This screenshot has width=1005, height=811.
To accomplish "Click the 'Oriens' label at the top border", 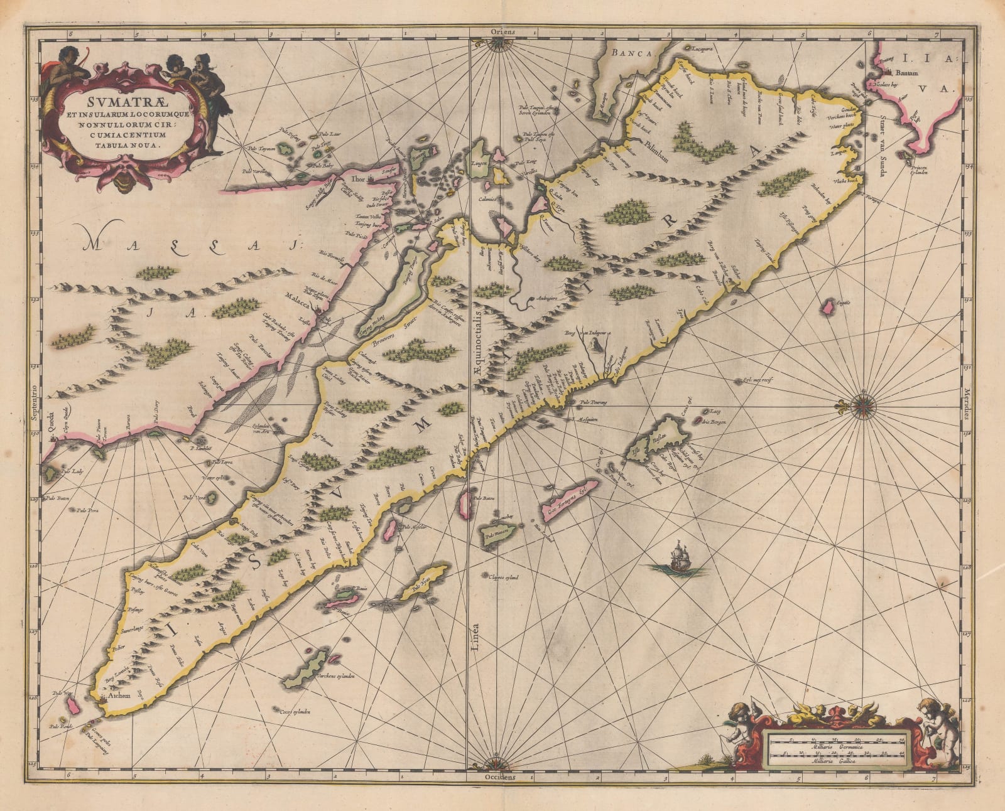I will click(504, 31).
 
